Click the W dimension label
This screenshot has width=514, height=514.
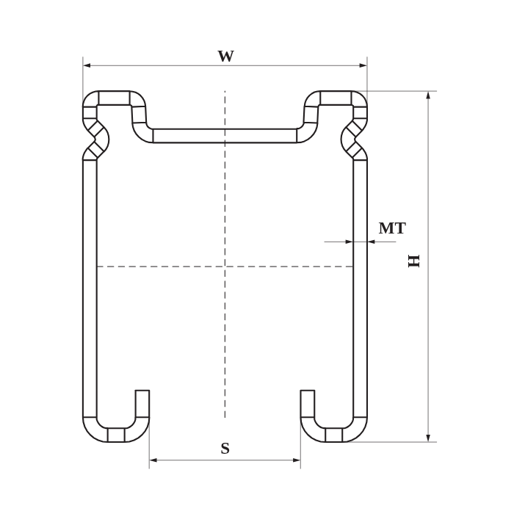(225, 57)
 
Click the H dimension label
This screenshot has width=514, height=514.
(414, 260)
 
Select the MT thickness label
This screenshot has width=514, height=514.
(391, 228)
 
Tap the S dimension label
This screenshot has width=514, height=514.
(225, 449)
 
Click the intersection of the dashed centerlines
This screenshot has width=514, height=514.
(225, 267)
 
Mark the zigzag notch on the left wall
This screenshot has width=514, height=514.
(95, 137)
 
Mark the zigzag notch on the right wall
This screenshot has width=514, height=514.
(355, 137)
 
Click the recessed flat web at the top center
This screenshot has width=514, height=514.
(225, 136)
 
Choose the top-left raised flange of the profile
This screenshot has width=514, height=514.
(114, 98)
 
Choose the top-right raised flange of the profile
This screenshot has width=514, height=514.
(336, 98)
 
